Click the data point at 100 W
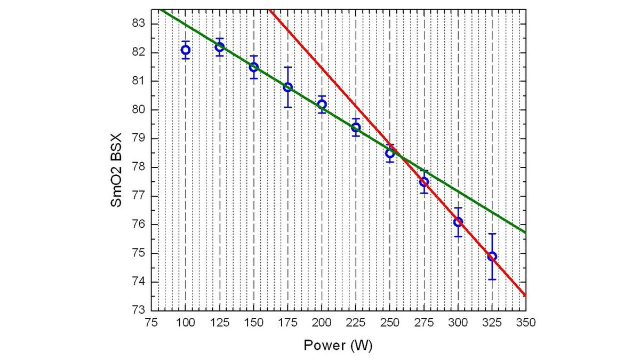[x=186, y=50]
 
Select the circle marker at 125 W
[x=220, y=47]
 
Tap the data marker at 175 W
[x=288, y=87]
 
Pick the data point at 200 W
[x=322, y=105]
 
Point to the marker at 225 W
[x=356, y=127]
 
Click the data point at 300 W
[x=458, y=222]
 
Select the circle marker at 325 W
[x=492, y=256]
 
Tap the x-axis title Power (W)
[x=338, y=345]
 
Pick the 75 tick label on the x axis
[x=151, y=323]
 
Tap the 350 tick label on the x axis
[x=526, y=323]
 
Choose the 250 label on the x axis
[x=390, y=323]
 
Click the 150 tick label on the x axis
[x=254, y=323]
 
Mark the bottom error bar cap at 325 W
[x=492, y=279]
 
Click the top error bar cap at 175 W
[x=288, y=67]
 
